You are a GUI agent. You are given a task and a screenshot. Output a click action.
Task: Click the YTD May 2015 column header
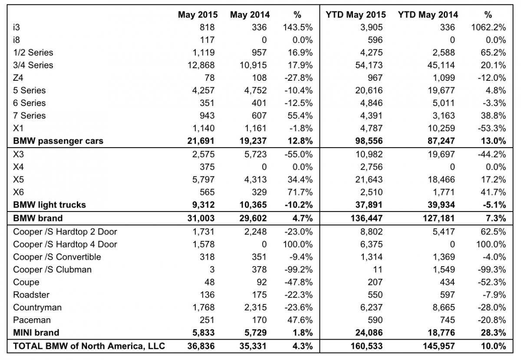point(354,15)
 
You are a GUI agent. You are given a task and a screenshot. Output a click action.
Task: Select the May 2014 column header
point(250,15)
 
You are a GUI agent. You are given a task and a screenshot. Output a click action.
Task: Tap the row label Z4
point(19,78)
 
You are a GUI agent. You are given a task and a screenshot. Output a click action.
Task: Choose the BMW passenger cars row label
point(58,141)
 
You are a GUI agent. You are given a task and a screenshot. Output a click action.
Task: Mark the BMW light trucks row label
point(49,205)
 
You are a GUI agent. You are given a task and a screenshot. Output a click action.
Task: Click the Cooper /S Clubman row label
point(52,269)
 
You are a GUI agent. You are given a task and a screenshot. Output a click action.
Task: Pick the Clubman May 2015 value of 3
point(211,269)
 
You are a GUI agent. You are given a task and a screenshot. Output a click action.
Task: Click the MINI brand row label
point(36,333)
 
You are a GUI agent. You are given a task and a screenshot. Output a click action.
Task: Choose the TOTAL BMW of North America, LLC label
point(89,346)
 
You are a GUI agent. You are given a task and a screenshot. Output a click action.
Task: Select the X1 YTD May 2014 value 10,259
point(440,128)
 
